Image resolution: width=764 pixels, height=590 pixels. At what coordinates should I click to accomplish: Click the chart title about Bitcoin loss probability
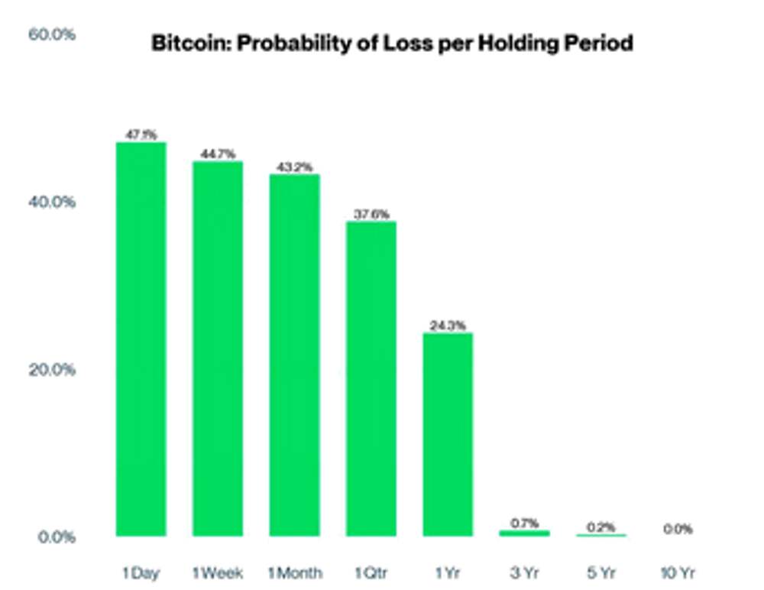392,43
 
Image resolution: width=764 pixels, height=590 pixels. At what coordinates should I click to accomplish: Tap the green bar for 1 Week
218,348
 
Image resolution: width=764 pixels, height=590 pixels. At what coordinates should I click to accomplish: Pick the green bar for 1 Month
294,355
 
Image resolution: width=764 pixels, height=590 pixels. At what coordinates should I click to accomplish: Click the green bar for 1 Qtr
371,378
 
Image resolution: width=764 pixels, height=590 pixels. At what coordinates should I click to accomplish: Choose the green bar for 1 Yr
448,434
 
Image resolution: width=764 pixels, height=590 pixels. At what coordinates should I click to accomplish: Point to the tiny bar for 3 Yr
524,533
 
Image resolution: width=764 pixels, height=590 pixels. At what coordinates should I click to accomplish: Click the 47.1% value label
141,135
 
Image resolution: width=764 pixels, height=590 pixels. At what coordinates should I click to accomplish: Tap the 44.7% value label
218,154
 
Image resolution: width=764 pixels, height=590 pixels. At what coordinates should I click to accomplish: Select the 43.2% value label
294,167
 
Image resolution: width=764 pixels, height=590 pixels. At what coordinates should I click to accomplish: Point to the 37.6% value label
371,214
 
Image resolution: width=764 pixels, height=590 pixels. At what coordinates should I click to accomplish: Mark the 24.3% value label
448,325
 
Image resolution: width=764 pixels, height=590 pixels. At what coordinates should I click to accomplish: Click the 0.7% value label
525,523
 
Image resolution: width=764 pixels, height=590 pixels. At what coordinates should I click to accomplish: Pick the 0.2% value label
601,527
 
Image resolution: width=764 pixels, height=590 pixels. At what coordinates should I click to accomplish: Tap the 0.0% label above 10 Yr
678,529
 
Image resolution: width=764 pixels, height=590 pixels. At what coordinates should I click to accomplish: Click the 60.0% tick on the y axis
52,35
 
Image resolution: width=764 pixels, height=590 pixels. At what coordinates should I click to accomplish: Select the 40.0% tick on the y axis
52,203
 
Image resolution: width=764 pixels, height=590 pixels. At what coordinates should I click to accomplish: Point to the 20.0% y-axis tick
52,370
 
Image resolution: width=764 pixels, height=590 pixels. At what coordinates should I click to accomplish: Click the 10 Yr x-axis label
677,572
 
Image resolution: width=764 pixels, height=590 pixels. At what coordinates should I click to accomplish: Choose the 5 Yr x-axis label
601,572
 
